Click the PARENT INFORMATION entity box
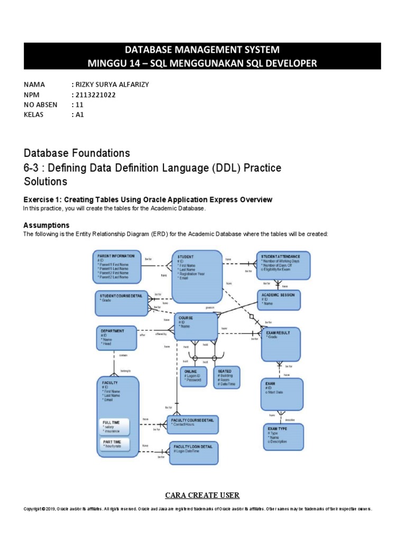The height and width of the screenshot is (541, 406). coord(118,266)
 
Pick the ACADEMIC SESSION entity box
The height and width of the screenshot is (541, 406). coord(280,300)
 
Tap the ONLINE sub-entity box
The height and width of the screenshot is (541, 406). coord(193,377)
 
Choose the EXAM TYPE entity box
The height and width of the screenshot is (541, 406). coord(283,436)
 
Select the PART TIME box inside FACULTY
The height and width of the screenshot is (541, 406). coord(118,444)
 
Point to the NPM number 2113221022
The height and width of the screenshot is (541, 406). coord(96,95)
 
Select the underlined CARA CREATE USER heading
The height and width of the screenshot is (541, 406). coord(202,495)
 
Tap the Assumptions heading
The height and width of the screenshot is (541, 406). coord(47,225)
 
